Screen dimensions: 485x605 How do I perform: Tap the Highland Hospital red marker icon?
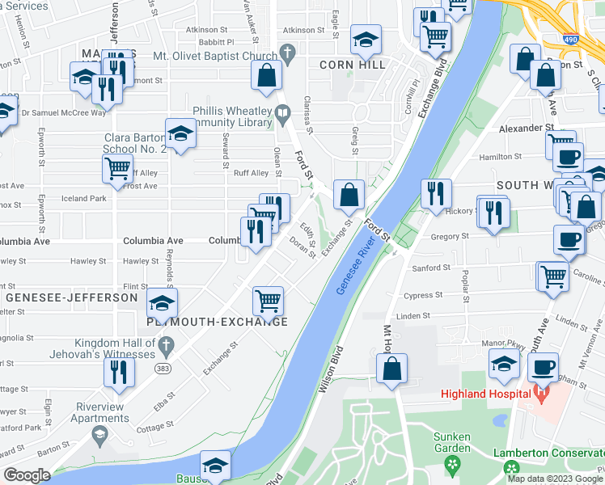pyautogui.click(x=542, y=394)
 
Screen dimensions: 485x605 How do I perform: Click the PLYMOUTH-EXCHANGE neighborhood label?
pyautogui.click(x=216, y=322)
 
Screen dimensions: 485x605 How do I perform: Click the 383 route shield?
pyautogui.click(x=163, y=368)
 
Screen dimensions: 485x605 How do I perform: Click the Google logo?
pyautogui.click(x=27, y=475)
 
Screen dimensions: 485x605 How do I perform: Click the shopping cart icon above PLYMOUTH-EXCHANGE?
pyautogui.click(x=268, y=302)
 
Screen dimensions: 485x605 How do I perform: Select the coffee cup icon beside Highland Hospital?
pyautogui.click(x=543, y=367)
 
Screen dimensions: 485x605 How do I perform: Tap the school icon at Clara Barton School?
pyautogui.click(x=181, y=134)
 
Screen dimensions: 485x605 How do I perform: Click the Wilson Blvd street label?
pyautogui.click(x=331, y=370)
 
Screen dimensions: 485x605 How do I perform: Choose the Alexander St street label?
pyautogui.click(x=526, y=128)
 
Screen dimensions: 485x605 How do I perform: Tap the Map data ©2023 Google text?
pyautogui.click(x=556, y=478)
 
